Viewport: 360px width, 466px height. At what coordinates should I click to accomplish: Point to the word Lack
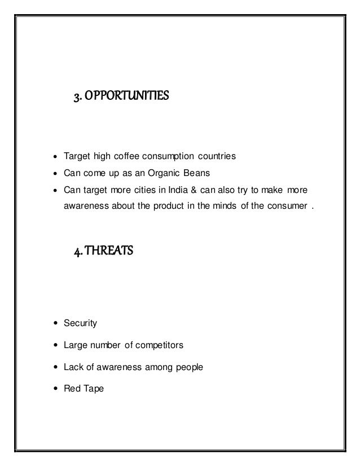[x=74, y=367]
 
